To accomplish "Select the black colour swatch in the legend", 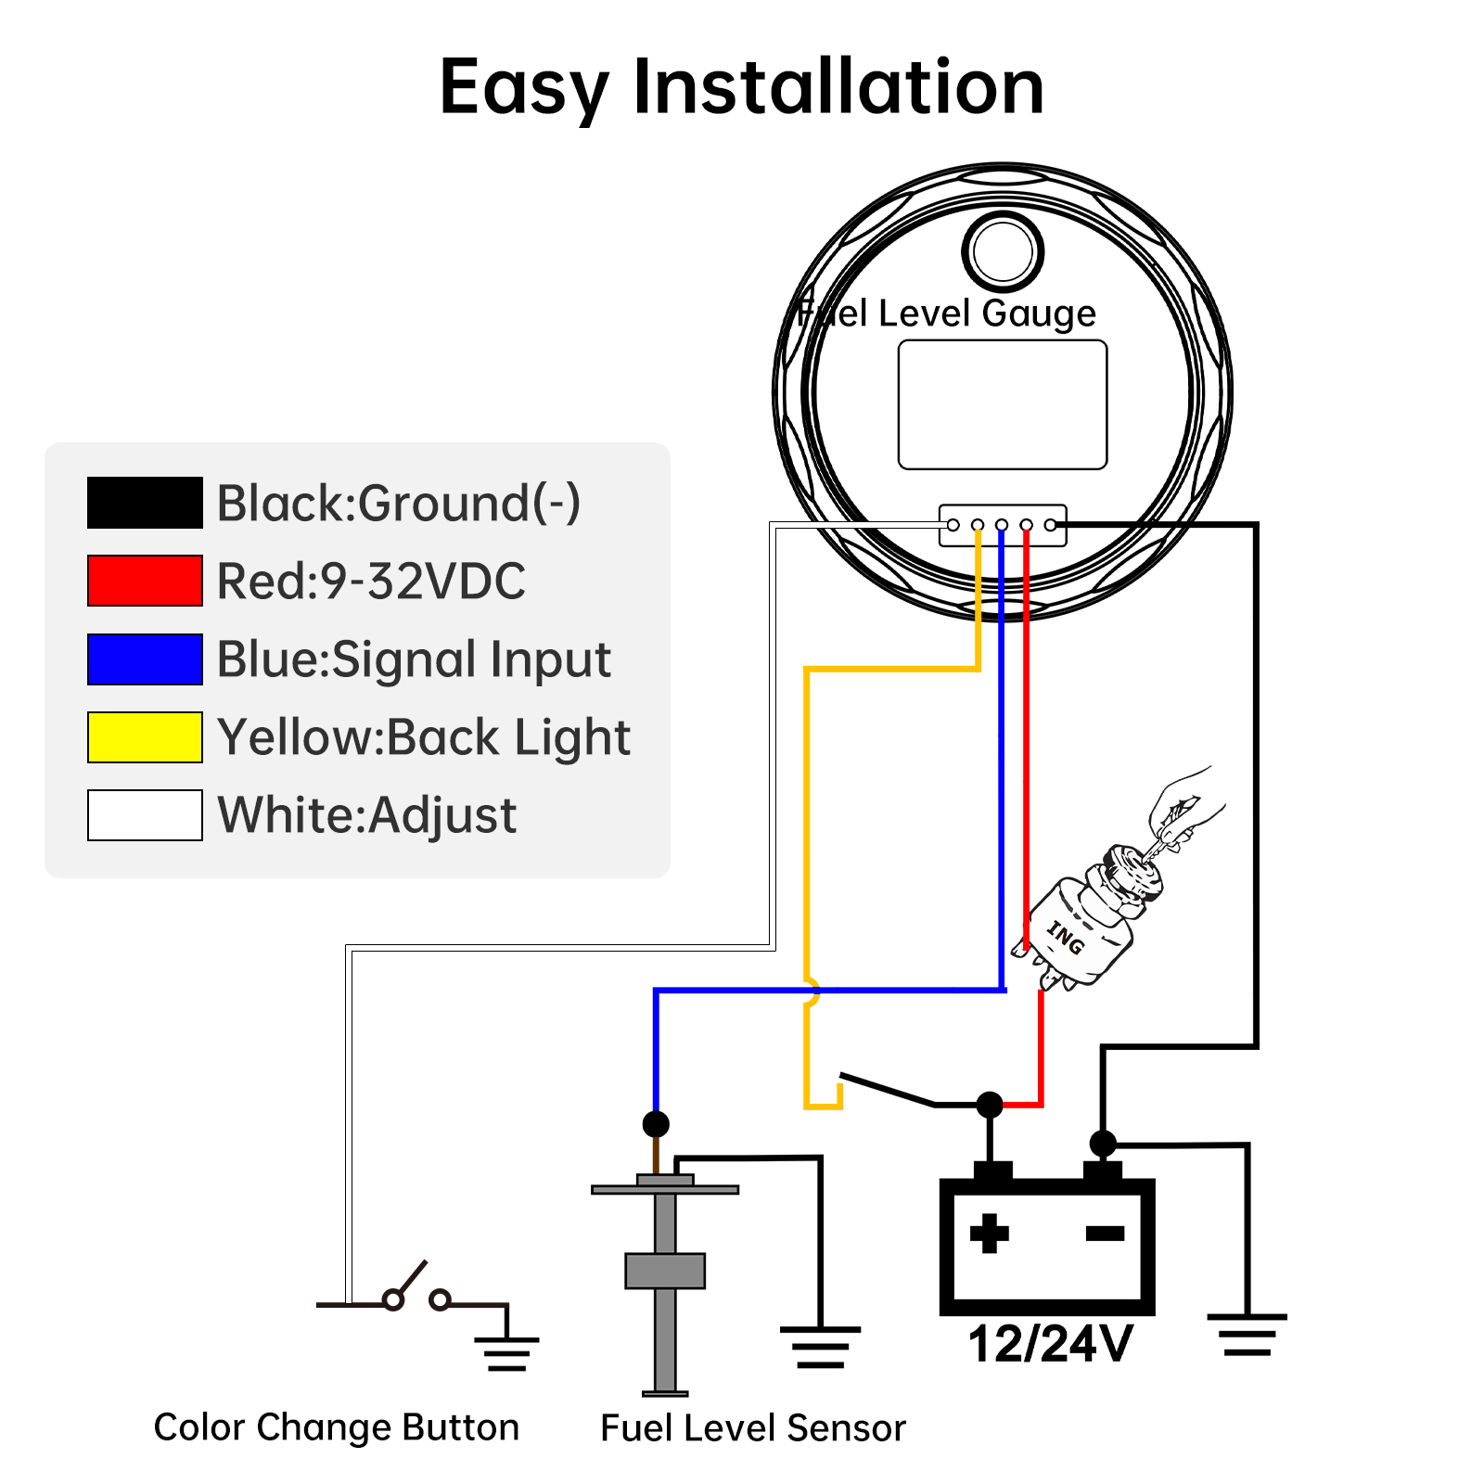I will point(145,503).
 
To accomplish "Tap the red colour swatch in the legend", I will point(145,581).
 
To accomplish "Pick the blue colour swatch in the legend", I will point(145,659).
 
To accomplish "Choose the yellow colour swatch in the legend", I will point(145,737).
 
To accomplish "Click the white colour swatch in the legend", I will point(145,815).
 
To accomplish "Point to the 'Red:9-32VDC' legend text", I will point(371,582).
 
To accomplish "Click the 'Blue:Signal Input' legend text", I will point(414,659).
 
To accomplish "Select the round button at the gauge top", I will point(1003,251).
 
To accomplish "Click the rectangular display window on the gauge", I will point(1003,404).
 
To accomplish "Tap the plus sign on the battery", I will point(989,1233).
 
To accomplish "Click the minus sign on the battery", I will point(1105,1233).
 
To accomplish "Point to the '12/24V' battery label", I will point(1050,1343).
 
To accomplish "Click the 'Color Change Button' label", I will point(336,1427).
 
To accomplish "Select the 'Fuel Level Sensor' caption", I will point(752,1428).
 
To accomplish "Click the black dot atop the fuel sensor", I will point(656,1124).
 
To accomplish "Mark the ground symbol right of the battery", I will point(1247,1336).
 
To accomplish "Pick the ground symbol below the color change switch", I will point(506,1353).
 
